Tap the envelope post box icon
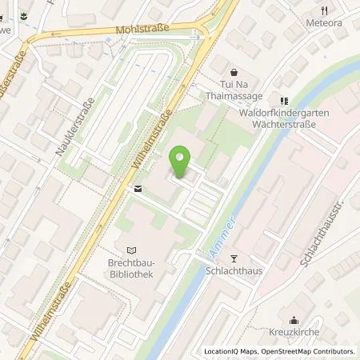(x=138, y=189)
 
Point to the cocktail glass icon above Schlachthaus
(x=234, y=258)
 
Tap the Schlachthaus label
(x=234, y=271)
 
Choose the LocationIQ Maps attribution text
(x=231, y=351)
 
